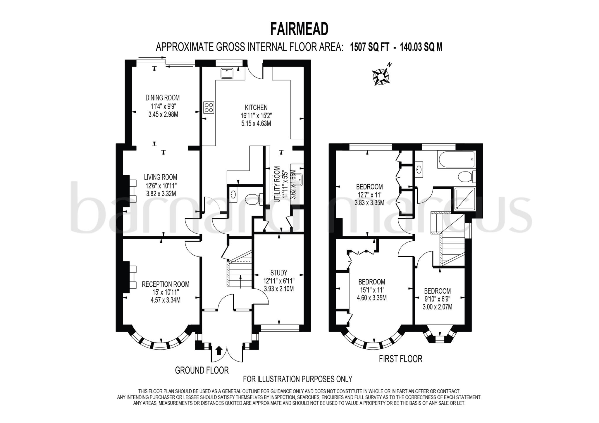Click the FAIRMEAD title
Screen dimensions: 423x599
[299, 29]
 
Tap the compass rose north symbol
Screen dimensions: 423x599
[381, 76]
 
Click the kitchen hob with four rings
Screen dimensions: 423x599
[209, 107]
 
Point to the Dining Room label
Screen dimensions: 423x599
[163, 98]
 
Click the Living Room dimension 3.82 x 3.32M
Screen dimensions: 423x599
[161, 194]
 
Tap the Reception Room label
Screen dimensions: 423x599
[166, 284]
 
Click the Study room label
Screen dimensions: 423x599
[278, 273]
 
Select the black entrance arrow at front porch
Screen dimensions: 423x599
[218, 350]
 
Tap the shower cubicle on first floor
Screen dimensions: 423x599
[464, 199]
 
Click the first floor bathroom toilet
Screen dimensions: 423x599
[465, 177]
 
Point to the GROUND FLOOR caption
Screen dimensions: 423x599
[202, 370]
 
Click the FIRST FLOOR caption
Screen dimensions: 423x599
[400, 359]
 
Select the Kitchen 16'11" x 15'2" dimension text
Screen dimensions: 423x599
[256, 116]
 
